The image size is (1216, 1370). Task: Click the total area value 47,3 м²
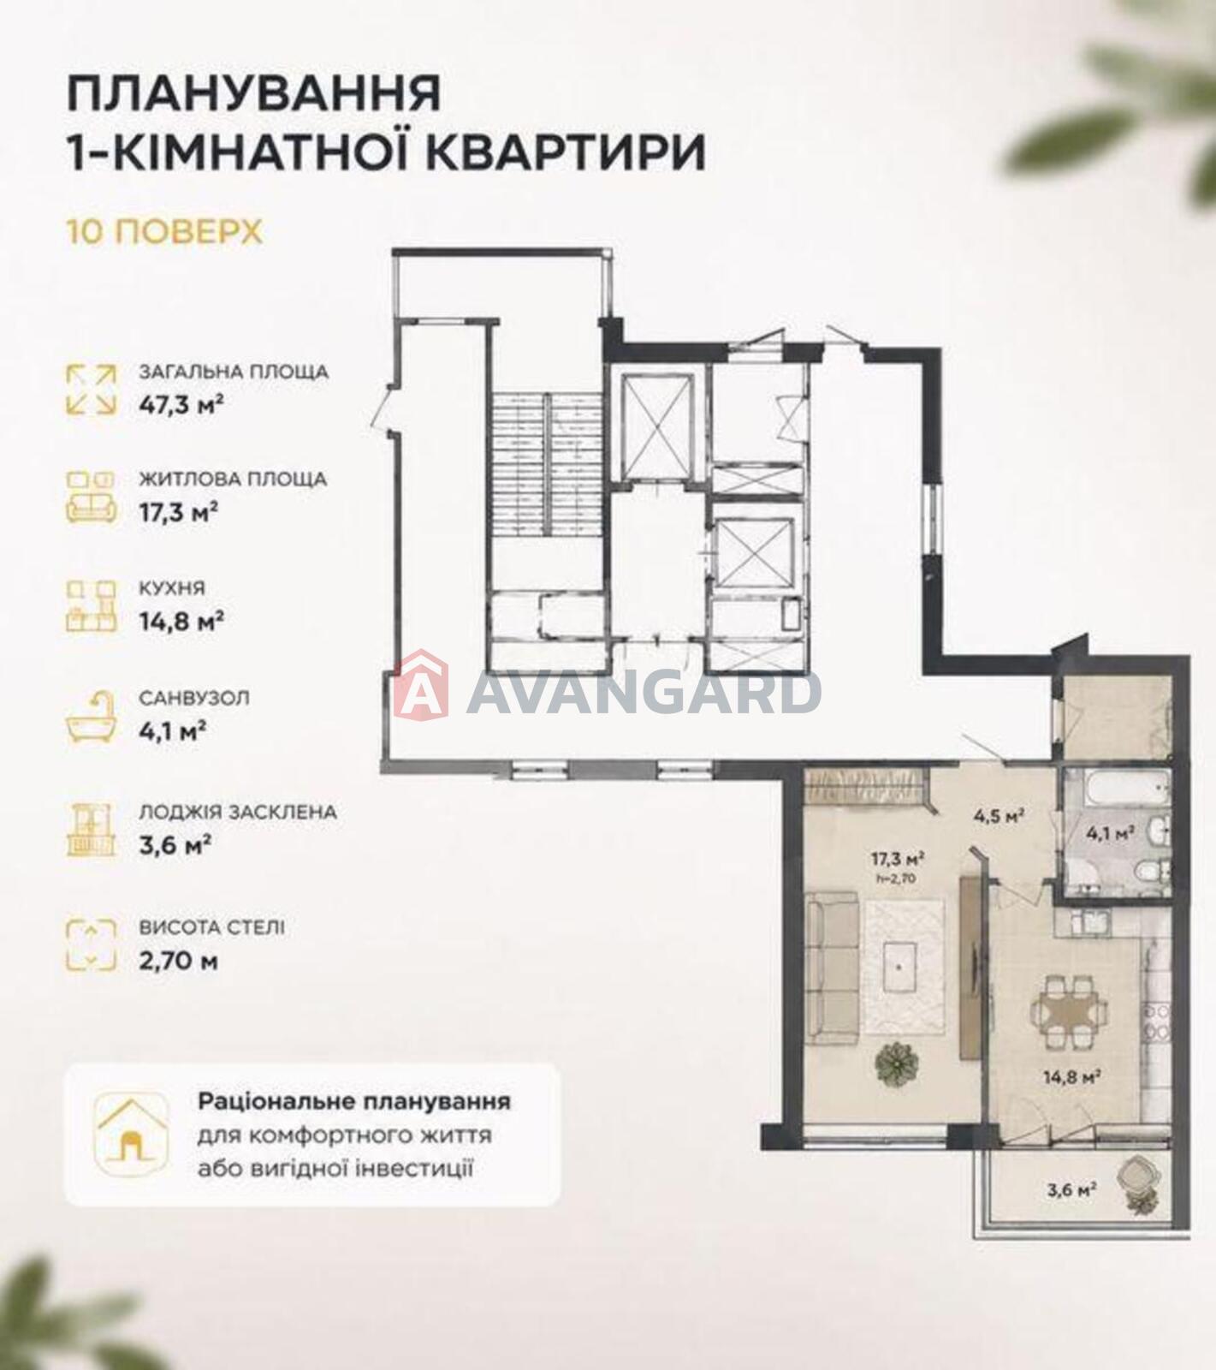tap(181, 404)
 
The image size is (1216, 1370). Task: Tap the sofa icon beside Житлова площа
tap(92, 496)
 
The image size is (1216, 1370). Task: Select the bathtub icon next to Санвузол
tap(92, 717)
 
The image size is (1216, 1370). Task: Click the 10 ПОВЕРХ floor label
tap(164, 232)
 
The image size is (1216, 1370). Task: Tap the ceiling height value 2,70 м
tap(178, 961)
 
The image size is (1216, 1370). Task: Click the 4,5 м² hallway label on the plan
tap(999, 816)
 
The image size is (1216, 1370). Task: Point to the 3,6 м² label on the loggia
tap(1072, 1188)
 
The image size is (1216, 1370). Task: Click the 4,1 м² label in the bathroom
tap(1111, 831)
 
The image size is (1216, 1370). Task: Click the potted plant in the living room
tap(897, 1064)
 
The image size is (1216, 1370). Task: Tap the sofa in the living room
tap(832, 963)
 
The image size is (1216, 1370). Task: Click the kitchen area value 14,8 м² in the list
tap(181, 620)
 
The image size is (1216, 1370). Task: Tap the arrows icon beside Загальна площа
tap(92, 389)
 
